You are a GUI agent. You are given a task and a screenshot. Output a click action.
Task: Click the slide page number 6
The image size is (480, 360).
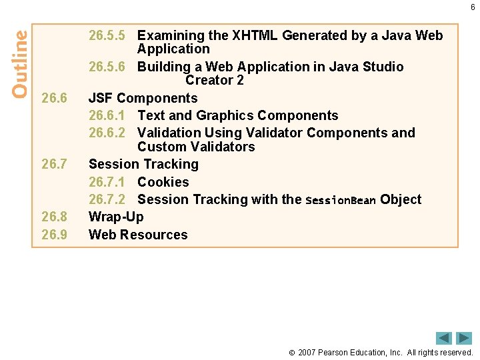473,7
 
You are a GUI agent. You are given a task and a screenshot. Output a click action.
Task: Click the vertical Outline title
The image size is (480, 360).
20,63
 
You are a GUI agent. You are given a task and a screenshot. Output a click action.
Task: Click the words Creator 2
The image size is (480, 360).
214,80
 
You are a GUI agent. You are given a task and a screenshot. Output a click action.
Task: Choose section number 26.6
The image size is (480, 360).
54,98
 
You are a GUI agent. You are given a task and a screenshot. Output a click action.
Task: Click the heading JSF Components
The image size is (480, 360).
143,98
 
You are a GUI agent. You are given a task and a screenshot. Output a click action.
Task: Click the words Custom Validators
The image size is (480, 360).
195,147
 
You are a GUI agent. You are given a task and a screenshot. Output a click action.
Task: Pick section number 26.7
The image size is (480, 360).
54,164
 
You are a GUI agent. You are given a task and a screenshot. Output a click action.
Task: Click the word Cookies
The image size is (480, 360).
163,182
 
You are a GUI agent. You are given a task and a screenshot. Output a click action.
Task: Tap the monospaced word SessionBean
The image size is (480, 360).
340,200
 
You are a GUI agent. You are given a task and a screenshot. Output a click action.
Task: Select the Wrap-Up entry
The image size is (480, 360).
115,217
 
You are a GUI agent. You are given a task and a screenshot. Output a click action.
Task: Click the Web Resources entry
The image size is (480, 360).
137,235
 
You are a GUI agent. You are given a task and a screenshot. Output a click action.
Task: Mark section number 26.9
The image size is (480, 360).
54,235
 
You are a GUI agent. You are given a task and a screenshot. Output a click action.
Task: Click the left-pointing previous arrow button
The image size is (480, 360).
443,338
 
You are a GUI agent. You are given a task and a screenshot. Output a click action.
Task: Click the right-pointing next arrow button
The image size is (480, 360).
464,338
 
